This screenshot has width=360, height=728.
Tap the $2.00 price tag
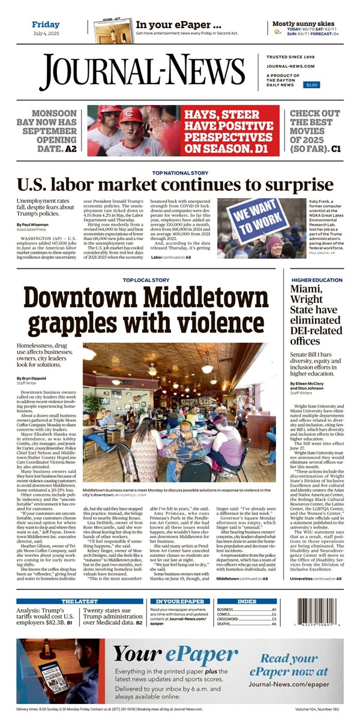coord(312,85)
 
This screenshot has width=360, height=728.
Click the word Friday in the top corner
coord(46,25)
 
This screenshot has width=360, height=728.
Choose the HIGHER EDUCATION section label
coord(317,280)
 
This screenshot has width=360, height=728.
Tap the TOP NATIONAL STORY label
coord(179,173)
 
